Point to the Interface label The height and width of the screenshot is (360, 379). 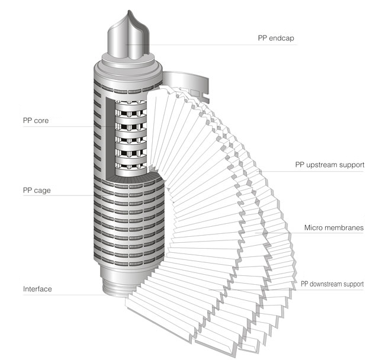[x=38, y=289]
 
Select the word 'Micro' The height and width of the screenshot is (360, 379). [x=314, y=227]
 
